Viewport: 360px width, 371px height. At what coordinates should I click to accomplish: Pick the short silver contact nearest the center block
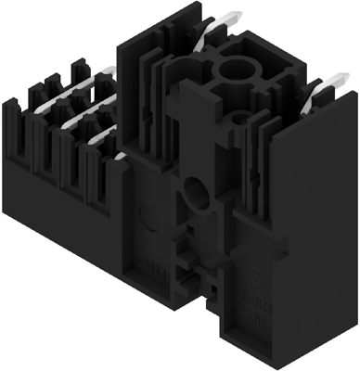99,138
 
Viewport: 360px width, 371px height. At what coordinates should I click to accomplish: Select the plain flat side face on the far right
319,213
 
